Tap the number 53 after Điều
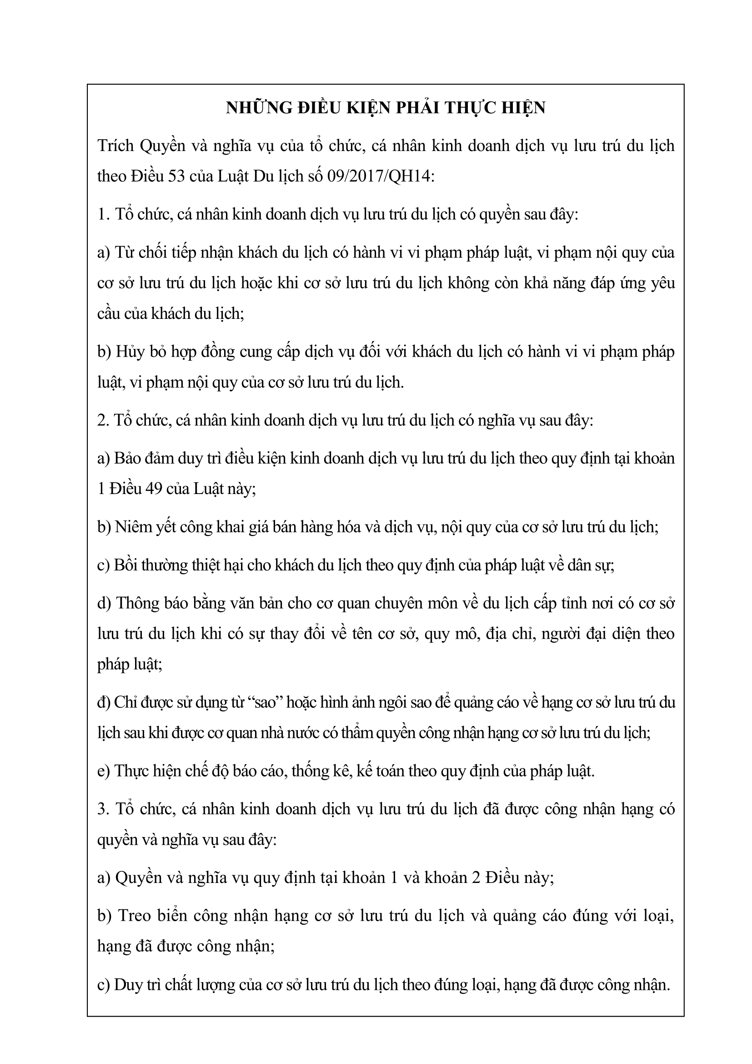point(176,176)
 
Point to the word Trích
point(115,146)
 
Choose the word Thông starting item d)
point(140,604)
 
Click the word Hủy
point(130,352)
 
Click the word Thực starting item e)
point(132,771)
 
